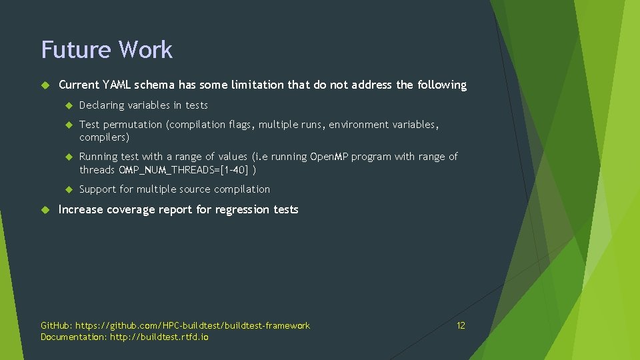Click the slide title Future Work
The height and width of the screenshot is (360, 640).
point(107,50)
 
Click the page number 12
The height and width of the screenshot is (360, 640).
point(461,325)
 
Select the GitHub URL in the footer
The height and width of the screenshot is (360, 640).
point(193,325)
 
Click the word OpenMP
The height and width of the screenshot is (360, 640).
point(329,157)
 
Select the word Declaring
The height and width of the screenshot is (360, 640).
point(102,105)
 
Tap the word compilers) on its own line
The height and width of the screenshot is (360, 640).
point(104,137)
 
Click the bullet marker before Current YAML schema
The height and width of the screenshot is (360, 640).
point(45,85)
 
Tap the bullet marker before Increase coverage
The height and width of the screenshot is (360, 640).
point(45,209)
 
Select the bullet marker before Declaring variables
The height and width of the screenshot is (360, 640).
point(67,105)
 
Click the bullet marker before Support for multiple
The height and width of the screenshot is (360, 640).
point(67,189)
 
